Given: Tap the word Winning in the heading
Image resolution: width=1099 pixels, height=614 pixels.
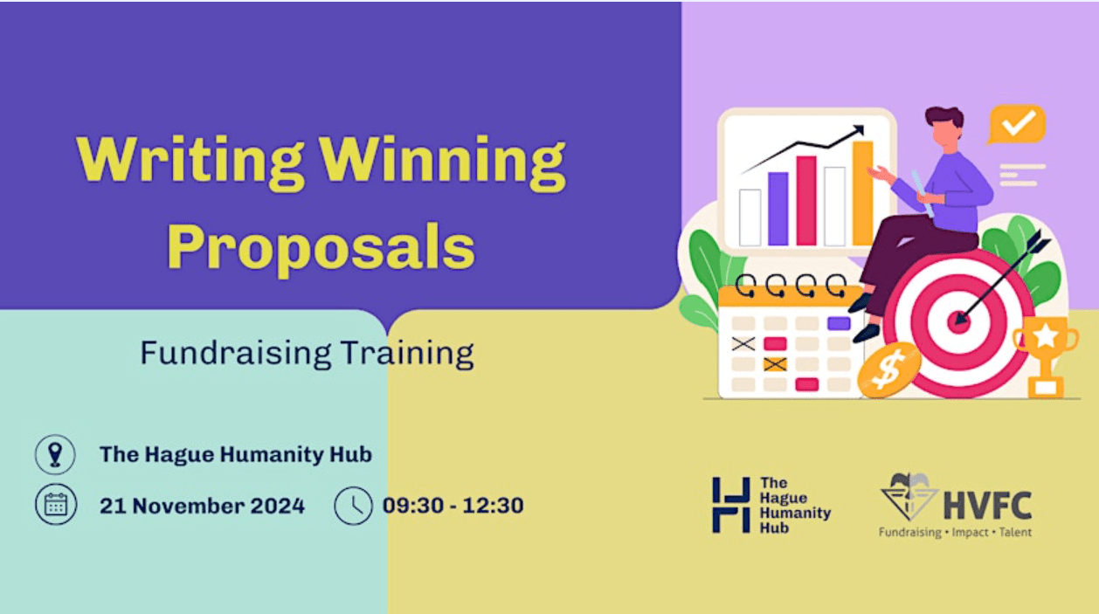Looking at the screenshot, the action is pyautogui.click(x=443, y=162).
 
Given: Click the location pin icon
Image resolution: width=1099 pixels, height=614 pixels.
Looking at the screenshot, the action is pyautogui.click(x=55, y=455).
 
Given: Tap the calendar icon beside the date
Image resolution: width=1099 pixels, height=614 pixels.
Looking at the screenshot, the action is pyautogui.click(x=56, y=505).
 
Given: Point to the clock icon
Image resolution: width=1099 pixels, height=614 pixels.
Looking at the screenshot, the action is pyautogui.click(x=353, y=506).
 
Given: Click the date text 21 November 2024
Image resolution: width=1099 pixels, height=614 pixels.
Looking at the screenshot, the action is pyautogui.click(x=202, y=506).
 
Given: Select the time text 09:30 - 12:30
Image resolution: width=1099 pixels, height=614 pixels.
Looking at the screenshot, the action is pyautogui.click(x=453, y=506).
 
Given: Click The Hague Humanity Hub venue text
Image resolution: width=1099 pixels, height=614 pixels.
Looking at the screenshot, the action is pyautogui.click(x=236, y=455).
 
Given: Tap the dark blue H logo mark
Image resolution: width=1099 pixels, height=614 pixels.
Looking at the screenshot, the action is pyautogui.click(x=731, y=505).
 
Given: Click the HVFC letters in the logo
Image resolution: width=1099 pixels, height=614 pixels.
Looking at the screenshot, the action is pyautogui.click(x=988, y=506).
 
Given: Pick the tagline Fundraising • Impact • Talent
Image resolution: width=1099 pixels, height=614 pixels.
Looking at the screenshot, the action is pyautogui.click(x=955, y=532).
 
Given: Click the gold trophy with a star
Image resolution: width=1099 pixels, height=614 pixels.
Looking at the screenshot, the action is pyautogui.click(x=1046, y=356).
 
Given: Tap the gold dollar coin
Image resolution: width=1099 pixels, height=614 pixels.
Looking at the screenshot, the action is pyautogui.click(x=889, y=369).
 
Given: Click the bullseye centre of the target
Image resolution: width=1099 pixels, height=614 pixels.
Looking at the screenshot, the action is pyautogui.click(x=957, y=322).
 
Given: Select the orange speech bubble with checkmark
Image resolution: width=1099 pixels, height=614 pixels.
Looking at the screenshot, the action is pyautogui.click(x=1017, y=125).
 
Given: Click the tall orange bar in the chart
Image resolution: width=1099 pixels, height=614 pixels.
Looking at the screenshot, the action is pyautogui.click(x=862, y=193).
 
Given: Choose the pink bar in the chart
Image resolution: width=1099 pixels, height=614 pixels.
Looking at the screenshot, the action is pyautogui.click(x=806, y=201).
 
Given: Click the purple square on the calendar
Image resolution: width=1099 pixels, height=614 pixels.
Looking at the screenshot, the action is pyautogui.click(x=839, y=323).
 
